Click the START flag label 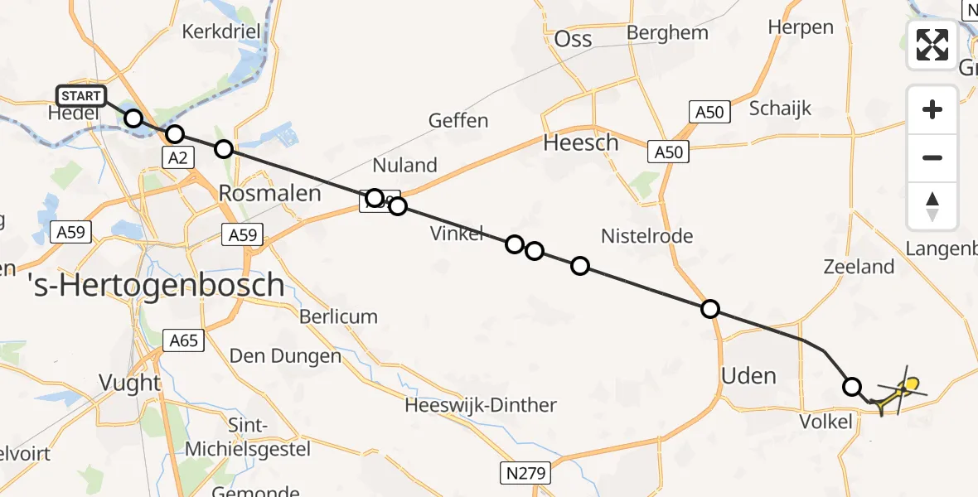click(x=80, y=96)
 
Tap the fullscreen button click(x=932, y=45)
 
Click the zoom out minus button click(x=932, y=157)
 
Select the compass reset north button click(x=932, y=206)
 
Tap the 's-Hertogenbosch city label click(x=156, y=287)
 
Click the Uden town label click(x=748, y=376)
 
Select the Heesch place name click(x=580, y=142)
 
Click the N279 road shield click(x=525, y=474)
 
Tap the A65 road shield click(x=183, y=340)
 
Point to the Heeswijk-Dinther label click(x=481, y=406)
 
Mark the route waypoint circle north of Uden click(x=710, y=309)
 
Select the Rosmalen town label click(x=269, y=193)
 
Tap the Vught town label click(x=129, y=383)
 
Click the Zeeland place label click(x=859, y=267)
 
